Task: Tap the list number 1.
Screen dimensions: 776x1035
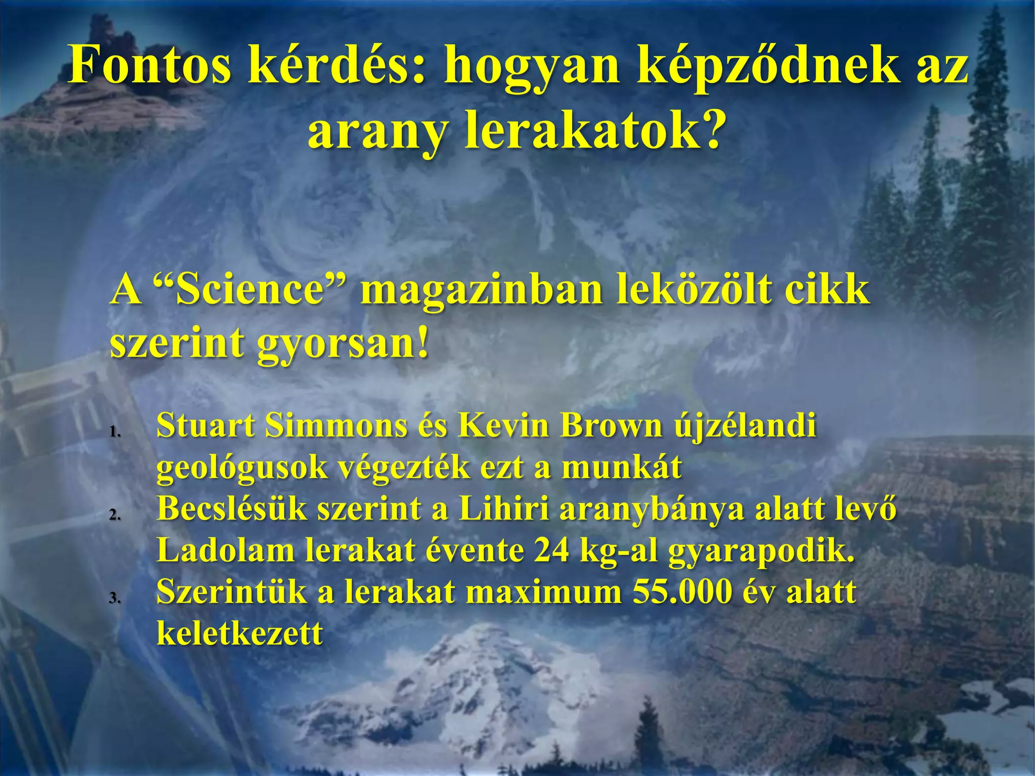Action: [x=115, y=432]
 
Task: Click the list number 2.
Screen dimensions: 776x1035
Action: [x=115, y=515]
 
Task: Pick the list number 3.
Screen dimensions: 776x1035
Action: [x=115, y=598]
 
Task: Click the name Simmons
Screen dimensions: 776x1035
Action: [x=336, y=425]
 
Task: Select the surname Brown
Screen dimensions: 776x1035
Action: [x=611, y=425]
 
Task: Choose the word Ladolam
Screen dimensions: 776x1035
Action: [x=225, y=550]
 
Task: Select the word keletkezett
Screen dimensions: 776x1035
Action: [x=240, y=633]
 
